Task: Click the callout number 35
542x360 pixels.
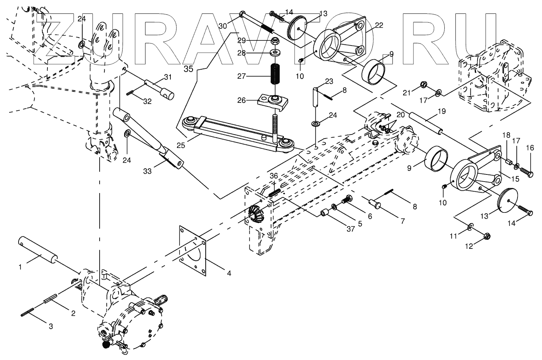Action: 188,68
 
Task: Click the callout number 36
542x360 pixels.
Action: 274,176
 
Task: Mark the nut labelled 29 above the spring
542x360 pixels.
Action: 274,41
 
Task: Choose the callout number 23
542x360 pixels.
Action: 329,81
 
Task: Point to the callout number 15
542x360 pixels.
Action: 515,179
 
